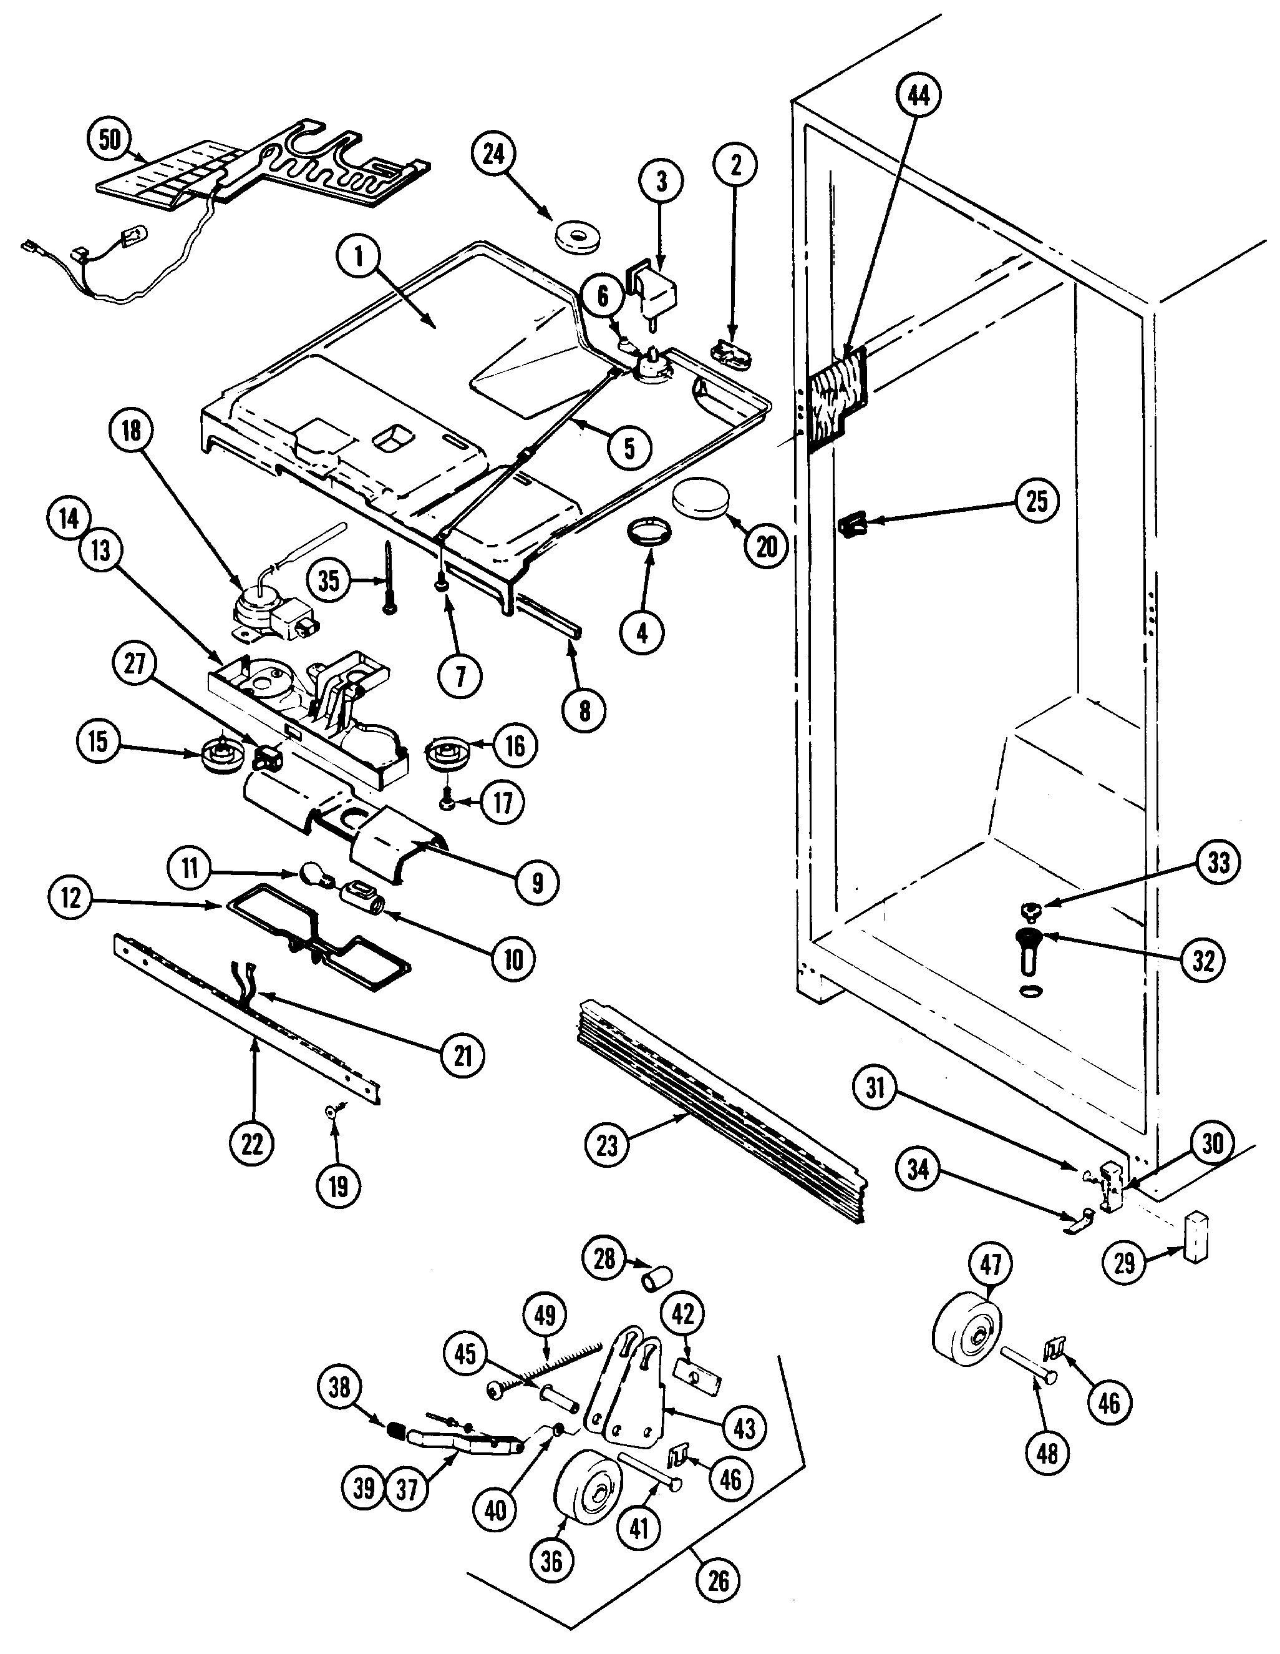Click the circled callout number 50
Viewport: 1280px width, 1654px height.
[110, 140]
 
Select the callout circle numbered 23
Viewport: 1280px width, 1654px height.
[607, 1146]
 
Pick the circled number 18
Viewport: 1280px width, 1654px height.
[131, 430]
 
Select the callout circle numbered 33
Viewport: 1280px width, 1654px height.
[1218, 863]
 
